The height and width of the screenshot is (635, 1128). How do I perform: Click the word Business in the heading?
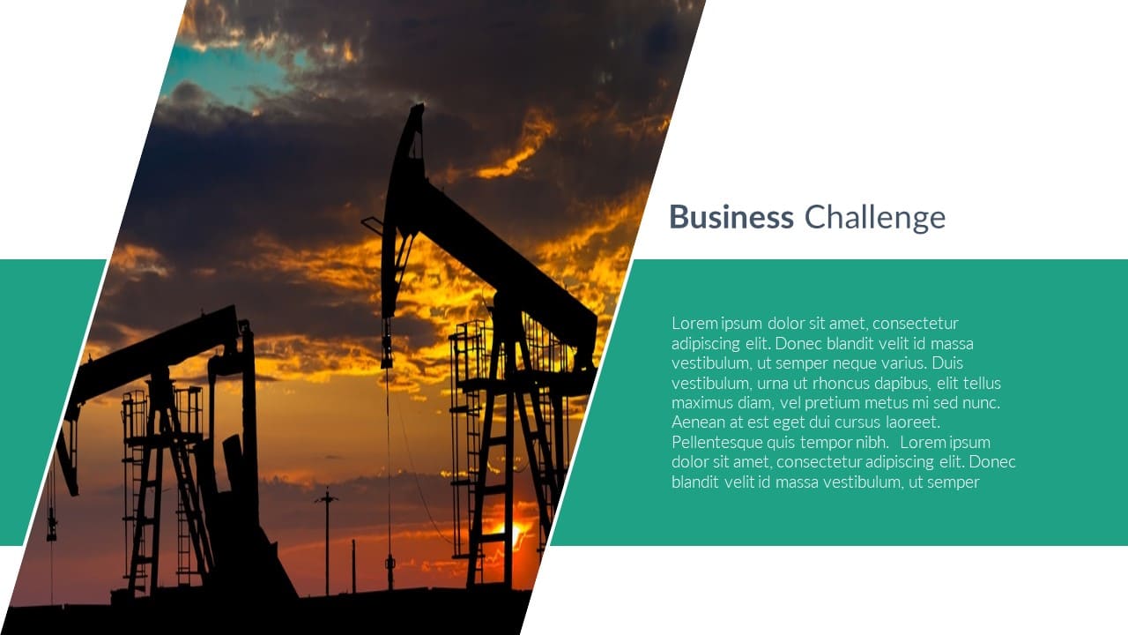pos(731,217)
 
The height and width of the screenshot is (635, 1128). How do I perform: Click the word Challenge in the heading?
pos(875,218)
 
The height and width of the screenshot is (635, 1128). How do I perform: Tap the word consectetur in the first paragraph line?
pos(916,323)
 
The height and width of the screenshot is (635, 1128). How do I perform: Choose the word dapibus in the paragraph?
pos(902,384)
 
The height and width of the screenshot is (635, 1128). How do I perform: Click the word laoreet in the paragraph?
pos(913,422)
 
